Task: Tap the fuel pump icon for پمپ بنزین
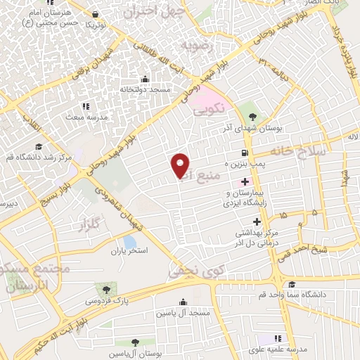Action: pos(244,153)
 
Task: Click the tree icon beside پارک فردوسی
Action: pos(106,288)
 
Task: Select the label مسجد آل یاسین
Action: pos(181,311)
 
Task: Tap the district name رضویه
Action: pos(196,45)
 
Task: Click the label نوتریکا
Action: pos(96,24)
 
